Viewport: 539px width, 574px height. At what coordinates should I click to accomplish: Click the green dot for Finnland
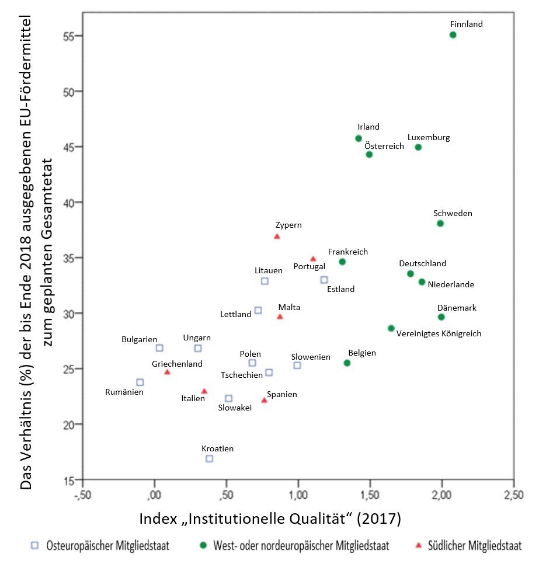click(x=453, y=35)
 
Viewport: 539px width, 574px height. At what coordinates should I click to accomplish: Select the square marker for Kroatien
click(x=209, y=458)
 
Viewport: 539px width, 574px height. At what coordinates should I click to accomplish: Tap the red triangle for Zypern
click(x=277, y=236)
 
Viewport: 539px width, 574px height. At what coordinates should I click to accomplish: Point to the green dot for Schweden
click(x=440, y=224)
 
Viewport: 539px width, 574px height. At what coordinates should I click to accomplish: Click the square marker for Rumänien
click(x=140, y=382)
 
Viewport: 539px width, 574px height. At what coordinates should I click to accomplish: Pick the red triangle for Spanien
click(x=264, y=401)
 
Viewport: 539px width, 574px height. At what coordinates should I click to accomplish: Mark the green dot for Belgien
click(x=347, y=363)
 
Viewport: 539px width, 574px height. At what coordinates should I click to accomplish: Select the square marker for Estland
click(x=324, y=280)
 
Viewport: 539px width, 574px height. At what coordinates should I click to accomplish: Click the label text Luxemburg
click(x=429, y=138)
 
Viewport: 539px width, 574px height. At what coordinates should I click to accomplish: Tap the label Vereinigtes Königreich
click(x=439, y=334)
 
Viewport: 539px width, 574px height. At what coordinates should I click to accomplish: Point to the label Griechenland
click(x=177, y=364)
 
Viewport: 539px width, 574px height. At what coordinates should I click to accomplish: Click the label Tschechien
click(x=241, y=375)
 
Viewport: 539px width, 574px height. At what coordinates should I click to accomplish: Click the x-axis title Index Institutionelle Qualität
click(x=270, y=519)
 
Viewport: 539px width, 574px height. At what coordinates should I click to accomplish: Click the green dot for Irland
click(x=359, y=138)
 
